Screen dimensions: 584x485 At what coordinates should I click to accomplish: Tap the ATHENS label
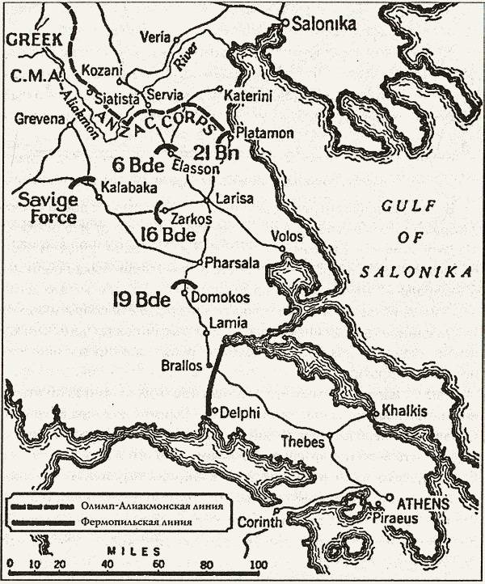(x=416, y=503)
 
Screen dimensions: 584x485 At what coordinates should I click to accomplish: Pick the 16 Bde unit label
(x=167, y=235)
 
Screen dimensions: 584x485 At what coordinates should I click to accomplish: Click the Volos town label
(x=289, y=237)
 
